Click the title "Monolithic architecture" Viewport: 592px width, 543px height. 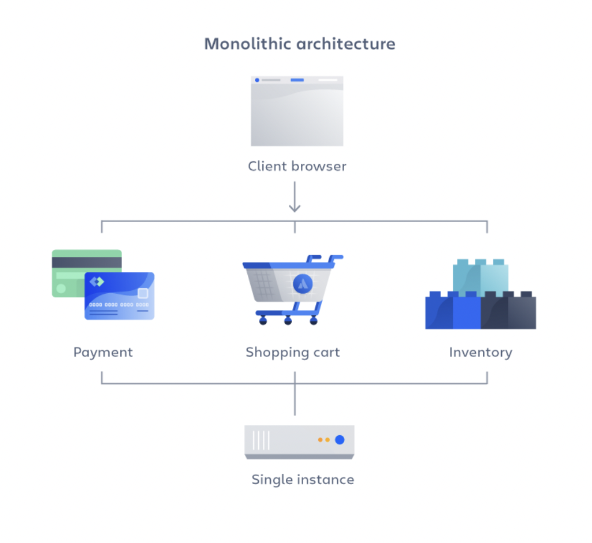click(300, 44)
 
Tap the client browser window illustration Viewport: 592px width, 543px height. click(297, 114)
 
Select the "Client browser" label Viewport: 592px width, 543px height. click(297, 166)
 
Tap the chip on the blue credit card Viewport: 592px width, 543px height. click(143, 293)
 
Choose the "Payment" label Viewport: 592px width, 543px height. click(103, 352)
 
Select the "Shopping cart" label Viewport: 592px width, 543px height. click(292, 352)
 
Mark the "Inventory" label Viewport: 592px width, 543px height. click(480, 352)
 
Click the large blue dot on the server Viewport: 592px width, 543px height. click(339, 440)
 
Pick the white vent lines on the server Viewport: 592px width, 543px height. click(261, 440)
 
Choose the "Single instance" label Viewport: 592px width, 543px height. click(303, 480)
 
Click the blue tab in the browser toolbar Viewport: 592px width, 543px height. click(297, 80)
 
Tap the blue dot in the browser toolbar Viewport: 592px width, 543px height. click(257, 80)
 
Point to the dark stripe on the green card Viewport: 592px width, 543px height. click(87, 262)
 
